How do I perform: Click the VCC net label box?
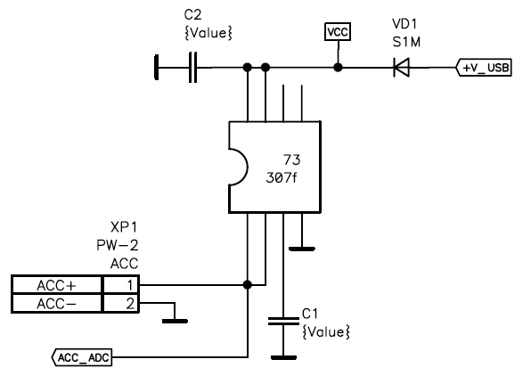pyautogui.click(x=338, y=32)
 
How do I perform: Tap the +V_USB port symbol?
pyautogui.click(x=484, y=68)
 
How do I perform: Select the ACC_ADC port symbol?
pyautogui.click(x=82, y=357)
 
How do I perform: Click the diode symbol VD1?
pyautogui.click(x=401, y=68)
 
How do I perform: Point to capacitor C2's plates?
pyautogui.click(x=192, y=68)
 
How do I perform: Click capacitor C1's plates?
pyautogui.click(x=283, y=321)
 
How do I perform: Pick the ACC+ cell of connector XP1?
pyautogui.click(x=56, y=285)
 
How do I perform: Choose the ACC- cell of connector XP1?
pyautogui.click(x=56, y=304)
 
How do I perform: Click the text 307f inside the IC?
pyautogui.click(x=282, y=178)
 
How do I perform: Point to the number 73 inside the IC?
pyautogui.click(x=292, y=159)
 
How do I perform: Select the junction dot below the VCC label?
pyautogui.click(x=338, y=68)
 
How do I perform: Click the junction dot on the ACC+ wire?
pyautogui.click(x=247, y=285)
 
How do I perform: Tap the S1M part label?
pyautogui.click(x=406, y=42)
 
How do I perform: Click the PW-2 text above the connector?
pyautogui.click(x=117, y=245)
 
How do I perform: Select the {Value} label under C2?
pyautogui.click(x=208, y=33)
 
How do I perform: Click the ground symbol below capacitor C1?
pyautogui.click(x=283, y=357)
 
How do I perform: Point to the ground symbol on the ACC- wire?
pyautogui.click(x=175, y=321)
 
